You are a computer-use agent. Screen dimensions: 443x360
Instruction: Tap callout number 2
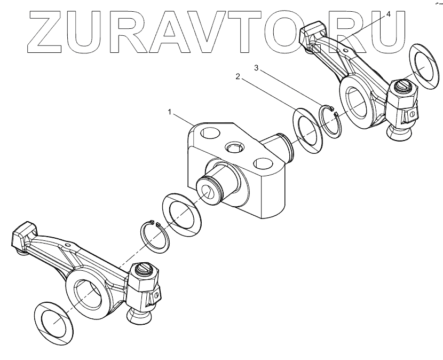(238, 76)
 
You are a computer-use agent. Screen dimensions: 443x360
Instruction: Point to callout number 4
(389, 14)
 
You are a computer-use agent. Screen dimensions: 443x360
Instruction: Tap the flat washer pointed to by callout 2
(310, 128)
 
